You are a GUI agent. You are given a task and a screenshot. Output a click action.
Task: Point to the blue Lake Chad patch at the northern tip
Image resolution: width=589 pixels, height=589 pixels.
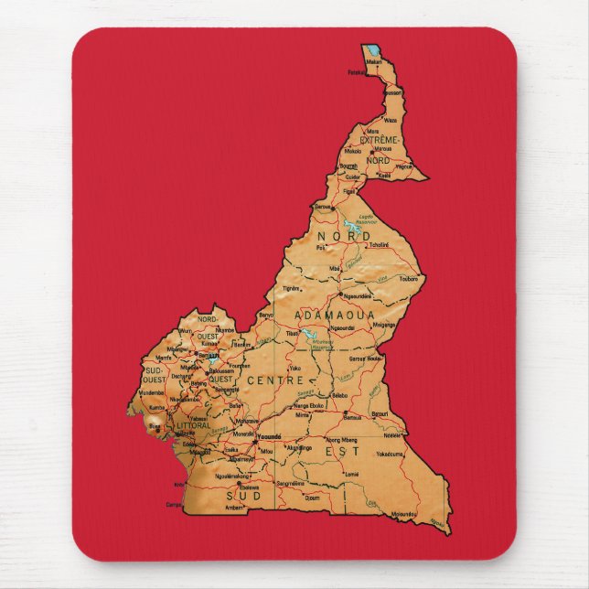tap(374, 51)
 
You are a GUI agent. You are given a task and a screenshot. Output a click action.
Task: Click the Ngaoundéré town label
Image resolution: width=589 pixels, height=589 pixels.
tap(356, 296)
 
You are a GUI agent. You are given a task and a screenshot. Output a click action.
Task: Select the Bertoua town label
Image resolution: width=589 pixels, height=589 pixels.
tap(380, 412)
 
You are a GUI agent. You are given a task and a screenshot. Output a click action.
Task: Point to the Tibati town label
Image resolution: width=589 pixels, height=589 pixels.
tap(294, 333)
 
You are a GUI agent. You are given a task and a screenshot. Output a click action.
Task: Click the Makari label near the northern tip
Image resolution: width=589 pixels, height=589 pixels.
tap(373, 62)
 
